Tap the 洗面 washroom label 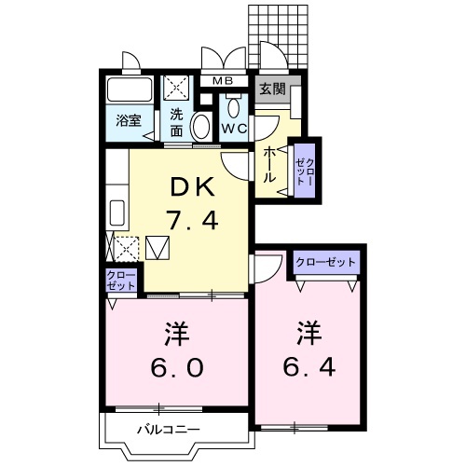pyautogui.click(x=176, y=122)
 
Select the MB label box pyautogui.click(x=223, y=80)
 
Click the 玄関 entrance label pyautogui.click(x=272, y=90)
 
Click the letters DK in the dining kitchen pyautogui.click(x=191, y=186)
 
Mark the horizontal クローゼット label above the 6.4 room pyautogui.click(x=326, y=262)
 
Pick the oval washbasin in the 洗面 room pyautogui.click(x=200, y=127)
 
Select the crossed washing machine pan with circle pyautogui.click(x=176, y=88)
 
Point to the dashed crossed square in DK pyautogui.click(x=129, y=247)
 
